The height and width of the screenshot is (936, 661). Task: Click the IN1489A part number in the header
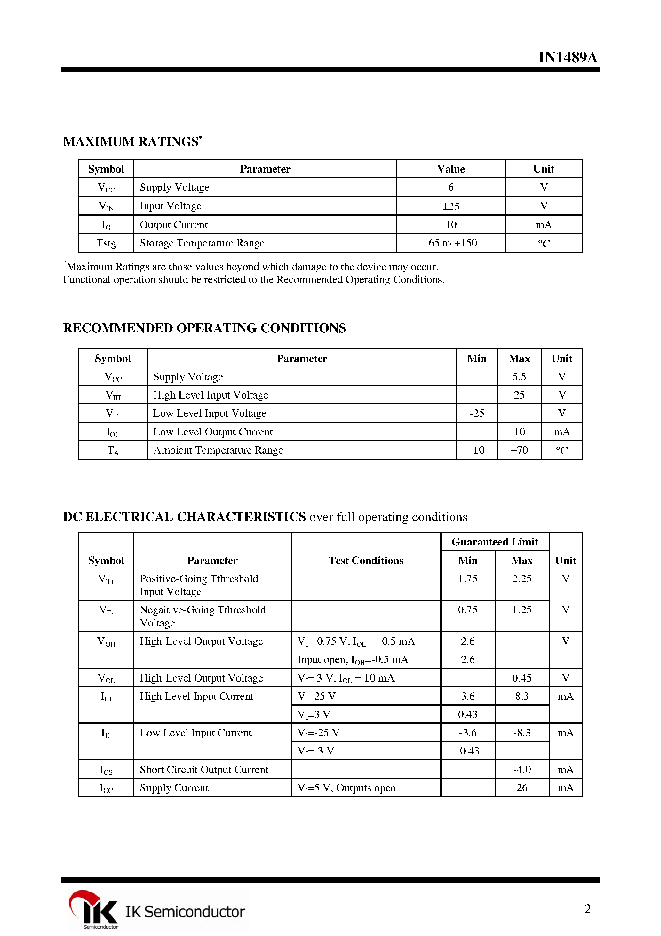(x=568, y=58)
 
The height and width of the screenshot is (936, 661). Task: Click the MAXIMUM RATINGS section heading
(x=131, y=141)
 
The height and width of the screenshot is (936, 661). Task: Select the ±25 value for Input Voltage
(x=451, y=206)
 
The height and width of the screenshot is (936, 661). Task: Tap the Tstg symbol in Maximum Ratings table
(x=106, y=243)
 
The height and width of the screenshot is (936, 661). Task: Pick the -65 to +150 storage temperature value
(x=451, y=243)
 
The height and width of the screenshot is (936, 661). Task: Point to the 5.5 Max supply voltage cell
(x=519, y=377)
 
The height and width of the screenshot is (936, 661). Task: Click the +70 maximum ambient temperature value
(x=519, y=450)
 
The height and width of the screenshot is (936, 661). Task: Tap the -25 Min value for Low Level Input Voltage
(x=476, y=413)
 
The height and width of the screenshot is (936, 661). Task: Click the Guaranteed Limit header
(x=495, y=542)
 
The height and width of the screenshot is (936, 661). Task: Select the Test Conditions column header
(x=366, y=561)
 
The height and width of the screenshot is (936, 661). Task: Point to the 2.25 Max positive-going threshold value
(x=522, y=579)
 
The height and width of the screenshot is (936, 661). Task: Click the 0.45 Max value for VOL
(x=522, y=678)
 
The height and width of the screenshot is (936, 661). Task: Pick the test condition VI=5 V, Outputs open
(x=346, y=787)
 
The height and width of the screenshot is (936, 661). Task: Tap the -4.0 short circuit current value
(x=522, y=769)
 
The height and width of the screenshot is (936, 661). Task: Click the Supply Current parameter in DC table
(x=174, y=787)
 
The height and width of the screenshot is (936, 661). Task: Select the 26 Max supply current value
(x=522, y=787)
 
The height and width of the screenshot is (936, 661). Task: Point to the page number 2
(x=587, y=909)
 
